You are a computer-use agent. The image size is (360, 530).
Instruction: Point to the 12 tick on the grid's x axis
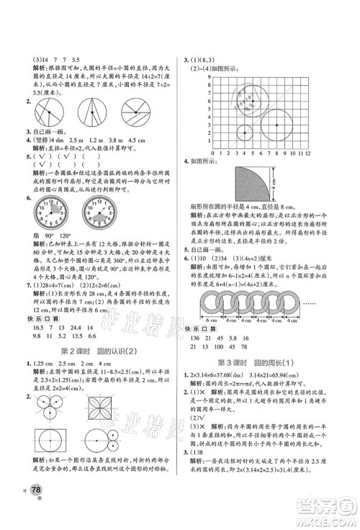pyautogui.click(x=309, y=153)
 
